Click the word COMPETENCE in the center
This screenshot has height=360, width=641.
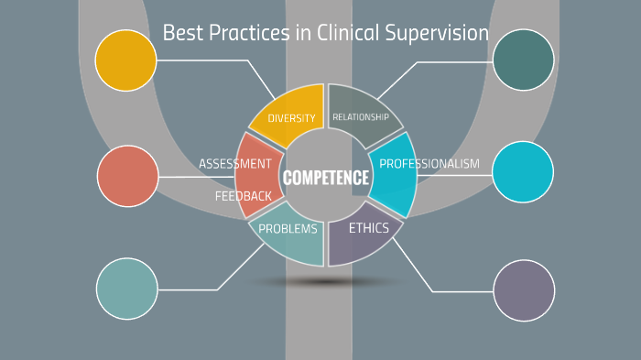pyautogui.click(x=326, y=178)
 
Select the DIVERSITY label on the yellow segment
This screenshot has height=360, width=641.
pyautogui.click(x=291, y=118)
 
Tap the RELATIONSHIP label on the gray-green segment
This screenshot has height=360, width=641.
pyautogui.click(x=360, y=117)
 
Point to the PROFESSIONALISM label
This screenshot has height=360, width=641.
pyautogui.click(x=429, y=164)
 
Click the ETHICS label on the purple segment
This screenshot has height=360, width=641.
pyautogui.click(x=369, y=228)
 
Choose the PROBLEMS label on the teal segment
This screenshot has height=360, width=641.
pyautogui.click(x=288, y=229)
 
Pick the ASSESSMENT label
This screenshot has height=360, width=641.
pyautogui.click(x=235, y=164)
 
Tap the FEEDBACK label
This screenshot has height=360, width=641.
pyautogui.click(x=244, y=196)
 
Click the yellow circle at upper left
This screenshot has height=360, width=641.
pyautogui.click(x=125, y=60)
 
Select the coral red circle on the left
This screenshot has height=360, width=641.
pyautogui.click(x=127, y=176)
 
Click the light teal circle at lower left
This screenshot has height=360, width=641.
pyautogui.click(x=127, y=289)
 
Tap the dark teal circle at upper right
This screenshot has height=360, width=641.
pyautogui.click(x=523, y=60)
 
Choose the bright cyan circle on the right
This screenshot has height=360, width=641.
pyautogui.click(x=523, y=172)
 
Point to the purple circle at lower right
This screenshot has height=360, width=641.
pyautogui.click(x=524, y=290)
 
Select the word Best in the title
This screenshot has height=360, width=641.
pyautogui.click(x=180, y=34)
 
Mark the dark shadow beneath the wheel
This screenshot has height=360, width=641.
pyautogui.click(x=326, y=282)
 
